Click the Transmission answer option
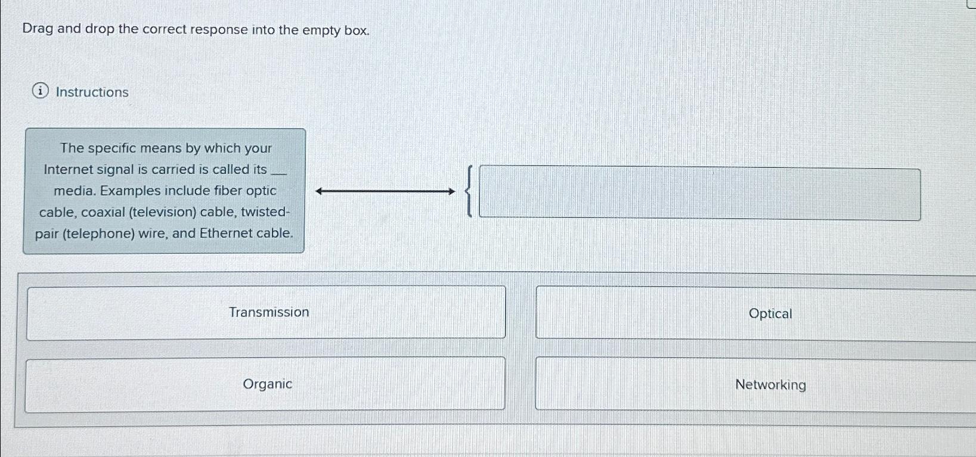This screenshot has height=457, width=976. [x=269, y=312]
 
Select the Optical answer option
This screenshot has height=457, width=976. [x=770, y=313]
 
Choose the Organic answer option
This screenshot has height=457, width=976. [x=267, y=384]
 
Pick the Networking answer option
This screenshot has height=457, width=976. [x=770, y=384]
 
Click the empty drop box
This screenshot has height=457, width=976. [x=699, y=194]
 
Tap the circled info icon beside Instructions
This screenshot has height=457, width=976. [x=40, y=91]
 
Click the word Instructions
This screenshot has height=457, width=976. [x=92, y=92]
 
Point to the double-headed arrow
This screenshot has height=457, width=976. [x=385, y=191]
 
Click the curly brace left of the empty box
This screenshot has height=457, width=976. [x=470, y=191]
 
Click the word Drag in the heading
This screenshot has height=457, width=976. [x=38, y=29]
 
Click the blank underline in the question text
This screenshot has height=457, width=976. [x=279, y=172]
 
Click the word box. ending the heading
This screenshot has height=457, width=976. [x=357, y=30]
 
